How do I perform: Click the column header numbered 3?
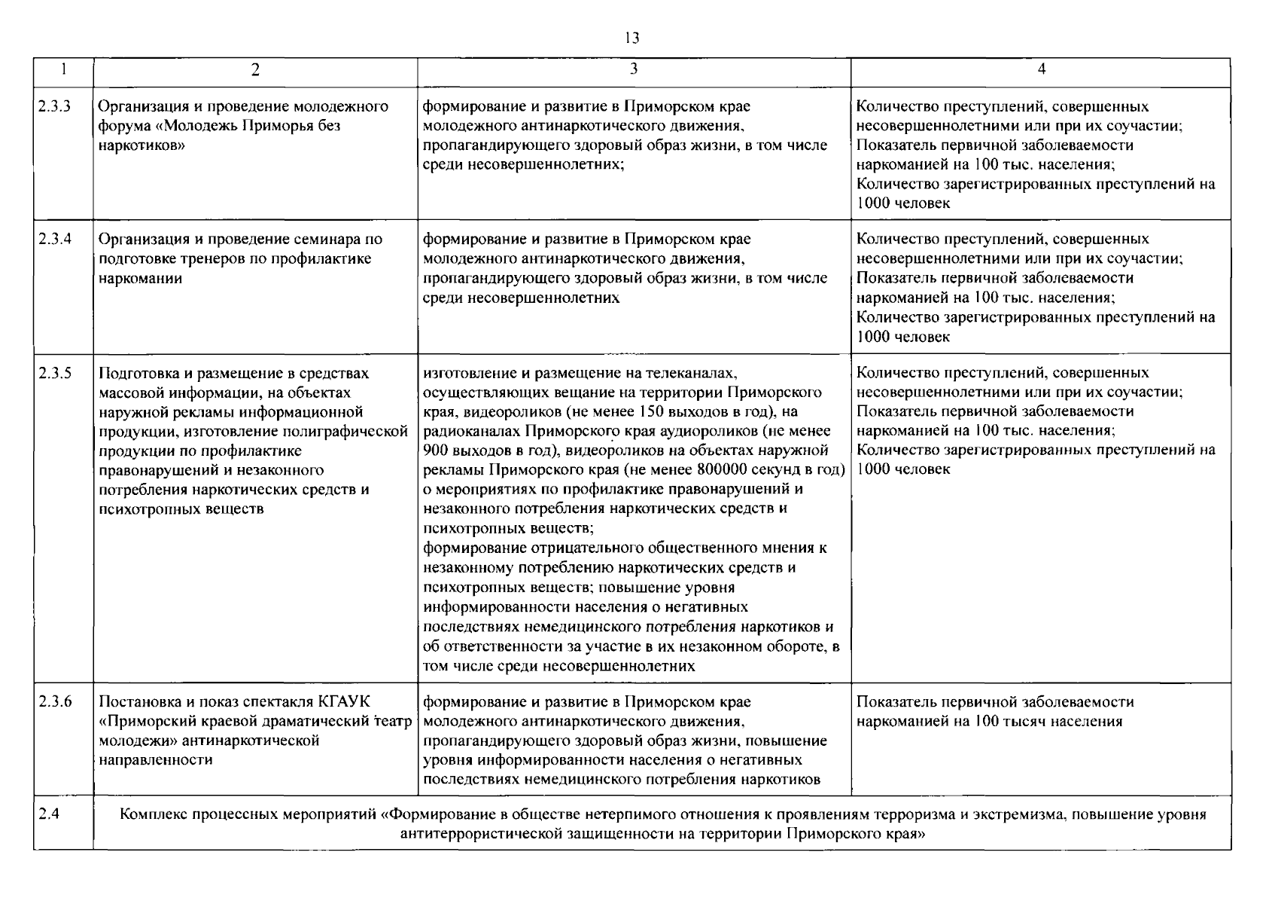pyautogui.click(x=634, y=69)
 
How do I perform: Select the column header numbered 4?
pyautogui.click(x=1041, y=69)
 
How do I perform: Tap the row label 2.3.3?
pyautogui.click(x=54, y=106)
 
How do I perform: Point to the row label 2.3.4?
pyautogui.click(x=54, y=239)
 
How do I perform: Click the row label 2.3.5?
pyautogui.click(x=54, y=373)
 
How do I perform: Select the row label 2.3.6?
pyautogui.click(x=54, y=701)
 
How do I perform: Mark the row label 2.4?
pyautogui.click(x=48, y=815)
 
